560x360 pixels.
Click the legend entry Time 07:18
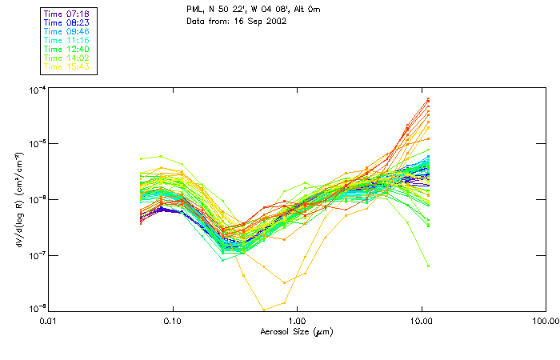[67, 14]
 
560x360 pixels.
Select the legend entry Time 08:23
[67, 22]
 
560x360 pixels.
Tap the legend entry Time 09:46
[67, 31]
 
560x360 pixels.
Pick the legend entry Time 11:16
[67, 40]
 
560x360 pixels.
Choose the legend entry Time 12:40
[67, 49]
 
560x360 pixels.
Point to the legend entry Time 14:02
[67, 58]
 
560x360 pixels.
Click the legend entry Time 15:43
[67, 66]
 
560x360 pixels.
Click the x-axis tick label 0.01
[49, 322]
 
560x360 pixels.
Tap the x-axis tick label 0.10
[173, 322]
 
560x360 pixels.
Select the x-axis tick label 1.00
[297, 322]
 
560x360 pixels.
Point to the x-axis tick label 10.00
[421, 322]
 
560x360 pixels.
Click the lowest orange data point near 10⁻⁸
[264, 309]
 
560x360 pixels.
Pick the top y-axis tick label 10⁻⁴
[36, 88]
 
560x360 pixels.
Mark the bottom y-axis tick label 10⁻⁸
[36, 309]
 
